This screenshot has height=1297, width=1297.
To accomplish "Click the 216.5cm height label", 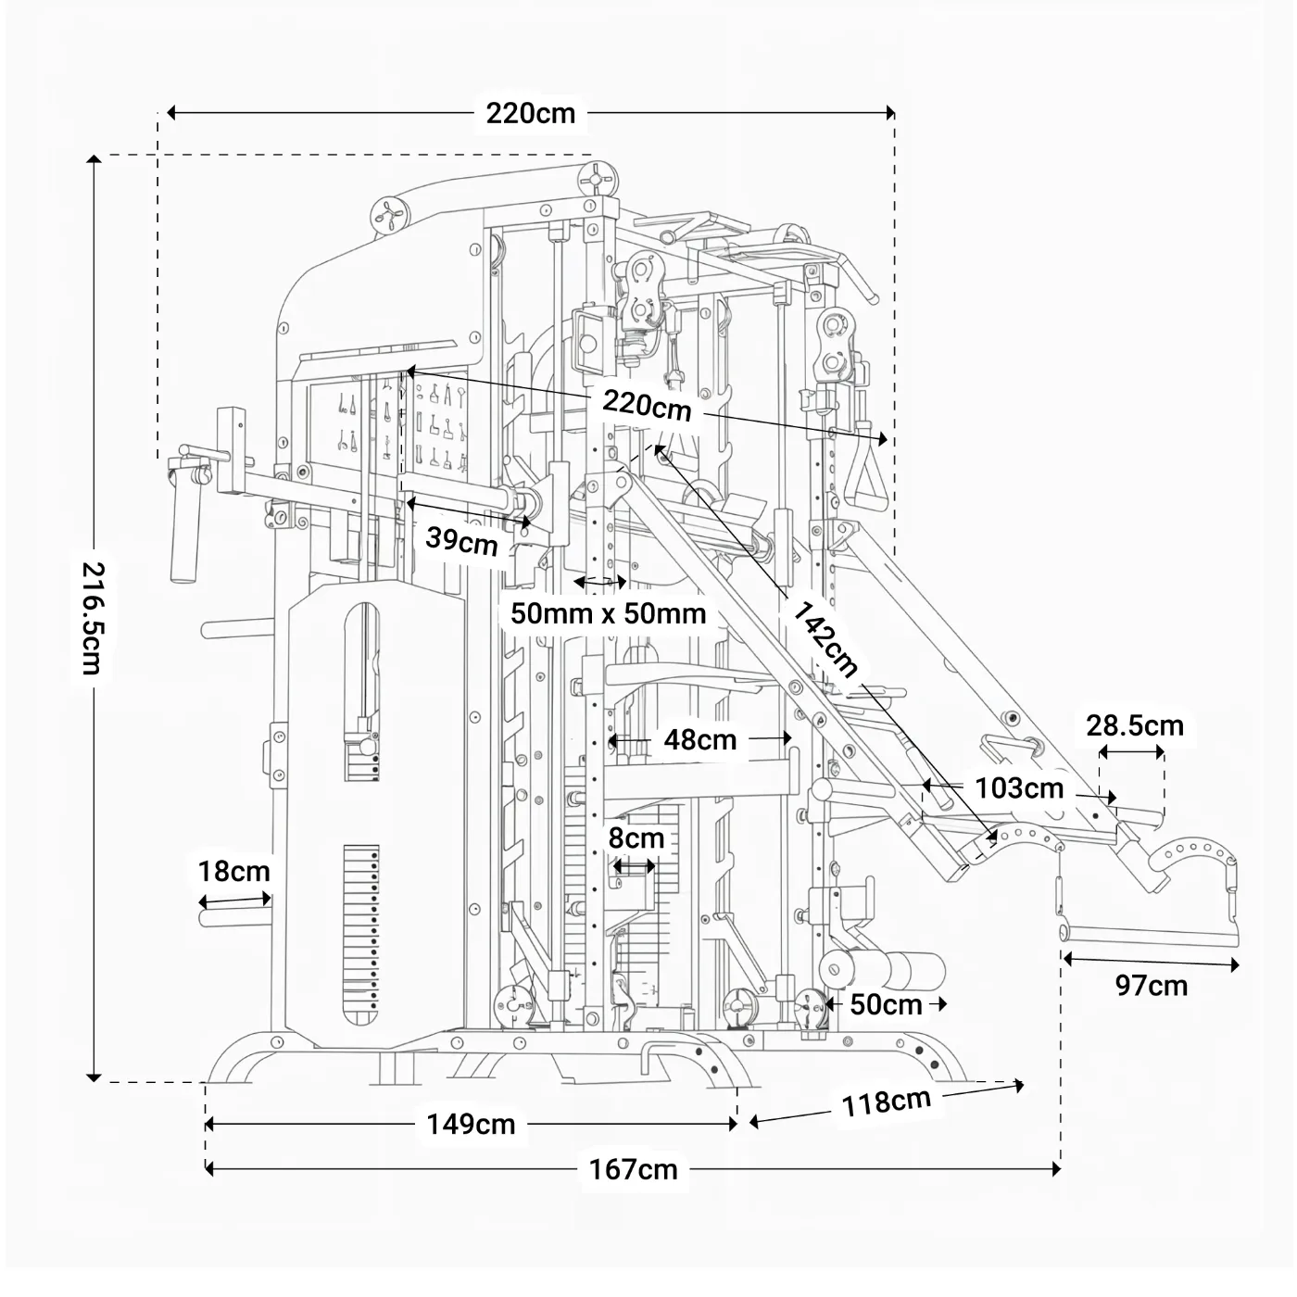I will coord(93,618).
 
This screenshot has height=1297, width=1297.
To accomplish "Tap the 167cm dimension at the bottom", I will coord(634,1169).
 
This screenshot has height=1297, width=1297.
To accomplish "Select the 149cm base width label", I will coord(471,1124).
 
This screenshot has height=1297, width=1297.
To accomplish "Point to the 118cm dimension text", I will coord(886,1102).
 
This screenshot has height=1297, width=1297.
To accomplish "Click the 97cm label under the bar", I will coord(1152,986).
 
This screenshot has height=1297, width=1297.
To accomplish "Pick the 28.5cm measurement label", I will coord(1135,725).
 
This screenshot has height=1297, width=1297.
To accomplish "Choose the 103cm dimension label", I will coord(1019,788).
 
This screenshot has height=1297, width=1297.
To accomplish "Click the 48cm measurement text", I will coord(700,739).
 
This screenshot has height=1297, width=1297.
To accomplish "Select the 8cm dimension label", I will coord(636,838).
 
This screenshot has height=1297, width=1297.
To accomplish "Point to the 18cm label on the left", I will coord(233,872).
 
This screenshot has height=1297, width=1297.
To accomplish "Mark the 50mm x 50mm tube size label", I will coord(609,613).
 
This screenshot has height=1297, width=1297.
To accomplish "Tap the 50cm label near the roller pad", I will coord(886,1004).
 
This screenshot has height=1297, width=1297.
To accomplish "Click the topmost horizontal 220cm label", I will coord(531,113).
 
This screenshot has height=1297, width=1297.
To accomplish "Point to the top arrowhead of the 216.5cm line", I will coord(94,159).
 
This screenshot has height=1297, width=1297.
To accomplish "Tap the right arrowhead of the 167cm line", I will coord(1055,1169).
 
